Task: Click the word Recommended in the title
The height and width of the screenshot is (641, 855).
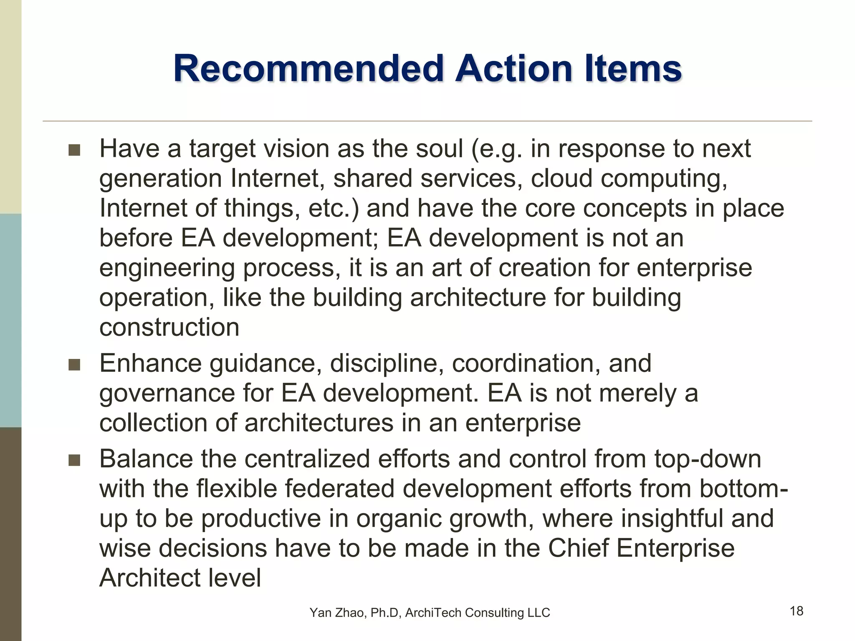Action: (x=308, y=68)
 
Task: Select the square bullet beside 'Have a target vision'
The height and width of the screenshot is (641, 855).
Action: (x=74, y=150)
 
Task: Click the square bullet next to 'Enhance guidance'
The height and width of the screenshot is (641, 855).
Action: (x=74, y=365)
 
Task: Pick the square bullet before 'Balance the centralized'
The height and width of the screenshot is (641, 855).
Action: (x=74, y=460)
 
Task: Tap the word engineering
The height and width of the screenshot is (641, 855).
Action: (x=167, y=268)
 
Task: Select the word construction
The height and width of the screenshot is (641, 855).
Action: (x=169, y=327)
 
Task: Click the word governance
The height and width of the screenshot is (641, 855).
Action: (x=167, y=394)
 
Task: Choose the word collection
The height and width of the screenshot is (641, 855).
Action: (x=153, y=423)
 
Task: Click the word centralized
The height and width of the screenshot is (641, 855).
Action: (x=307, y=459)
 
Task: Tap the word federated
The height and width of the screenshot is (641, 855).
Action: (x=336, y=489)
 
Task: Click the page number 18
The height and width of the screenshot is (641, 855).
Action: (x=797, y=611)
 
